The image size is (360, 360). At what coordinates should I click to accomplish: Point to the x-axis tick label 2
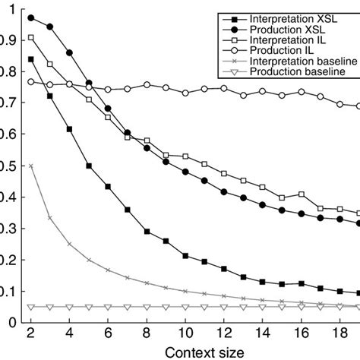30,333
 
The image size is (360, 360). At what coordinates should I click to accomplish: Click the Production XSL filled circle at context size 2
30,17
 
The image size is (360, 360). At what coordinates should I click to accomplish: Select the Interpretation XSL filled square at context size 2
30,59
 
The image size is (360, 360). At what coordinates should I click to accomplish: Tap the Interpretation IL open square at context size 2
30,37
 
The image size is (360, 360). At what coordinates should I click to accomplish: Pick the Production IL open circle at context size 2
30,81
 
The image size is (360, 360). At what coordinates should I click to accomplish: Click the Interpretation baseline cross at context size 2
30,166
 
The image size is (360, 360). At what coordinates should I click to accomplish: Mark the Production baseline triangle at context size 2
30,307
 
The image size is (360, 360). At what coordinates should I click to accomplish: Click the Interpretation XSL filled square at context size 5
89,166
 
